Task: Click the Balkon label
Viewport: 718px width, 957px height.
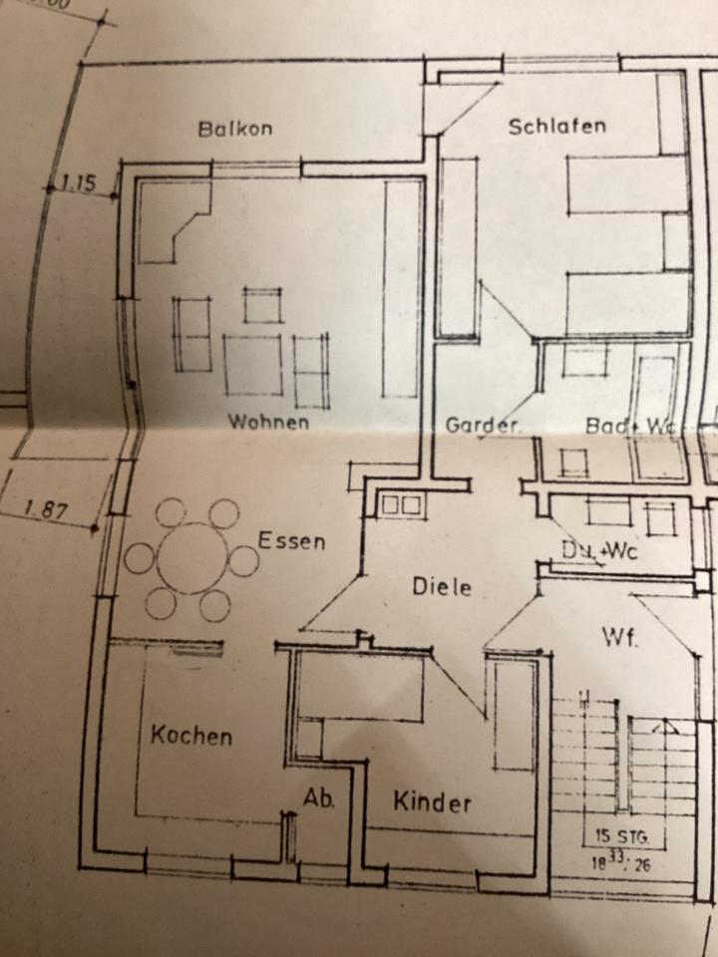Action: [234, 129]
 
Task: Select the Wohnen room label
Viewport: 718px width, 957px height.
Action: [268, 422]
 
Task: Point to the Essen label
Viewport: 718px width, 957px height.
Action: [291, 541]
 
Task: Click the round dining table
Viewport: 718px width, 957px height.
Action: [191, 558]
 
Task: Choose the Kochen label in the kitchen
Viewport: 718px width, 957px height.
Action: [191, 737]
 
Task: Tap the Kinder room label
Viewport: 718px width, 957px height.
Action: [431, 801]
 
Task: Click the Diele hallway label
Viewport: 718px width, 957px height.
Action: [442, 587]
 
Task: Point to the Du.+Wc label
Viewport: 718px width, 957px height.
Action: [598, 550]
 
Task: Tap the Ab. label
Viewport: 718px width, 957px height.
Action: [319, 798]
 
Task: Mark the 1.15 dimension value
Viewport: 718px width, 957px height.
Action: [78, 182]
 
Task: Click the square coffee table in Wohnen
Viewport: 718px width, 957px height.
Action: [252, 365]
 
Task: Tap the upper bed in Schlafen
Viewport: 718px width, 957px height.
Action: [627, 183]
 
